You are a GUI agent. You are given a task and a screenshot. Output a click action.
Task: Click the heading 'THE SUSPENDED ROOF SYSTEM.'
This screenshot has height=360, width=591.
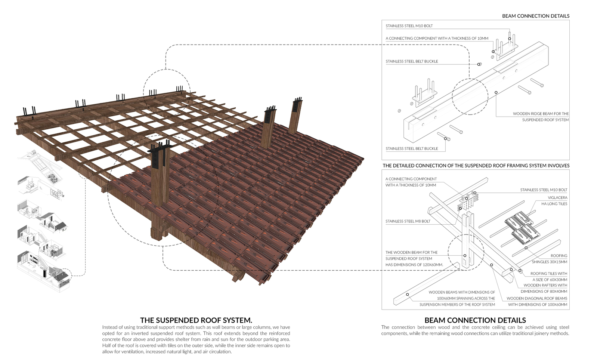point(196,320)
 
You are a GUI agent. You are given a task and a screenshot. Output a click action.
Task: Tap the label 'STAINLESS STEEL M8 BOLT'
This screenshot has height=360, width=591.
point(408,221)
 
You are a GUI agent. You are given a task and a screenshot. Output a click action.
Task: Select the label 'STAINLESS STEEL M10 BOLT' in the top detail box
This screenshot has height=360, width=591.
point(409,26)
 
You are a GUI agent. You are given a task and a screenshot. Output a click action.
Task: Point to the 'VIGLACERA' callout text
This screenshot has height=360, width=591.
point(557,197)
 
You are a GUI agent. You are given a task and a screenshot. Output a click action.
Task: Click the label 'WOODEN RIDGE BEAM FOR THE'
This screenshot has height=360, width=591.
point(541,114)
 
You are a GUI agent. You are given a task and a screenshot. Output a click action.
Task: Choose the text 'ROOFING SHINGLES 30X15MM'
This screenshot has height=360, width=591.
point(550,259)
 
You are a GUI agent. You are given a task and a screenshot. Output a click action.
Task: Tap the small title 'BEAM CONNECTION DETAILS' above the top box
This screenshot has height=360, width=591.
point(536,16)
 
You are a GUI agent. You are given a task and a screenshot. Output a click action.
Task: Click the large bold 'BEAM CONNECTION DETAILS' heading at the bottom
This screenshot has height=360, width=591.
point(475,320)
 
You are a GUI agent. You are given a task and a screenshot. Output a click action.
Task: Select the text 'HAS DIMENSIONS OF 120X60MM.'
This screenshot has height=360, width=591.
point(414,265)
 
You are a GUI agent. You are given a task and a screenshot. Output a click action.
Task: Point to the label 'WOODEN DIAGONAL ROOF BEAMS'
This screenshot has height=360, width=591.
point(537,298)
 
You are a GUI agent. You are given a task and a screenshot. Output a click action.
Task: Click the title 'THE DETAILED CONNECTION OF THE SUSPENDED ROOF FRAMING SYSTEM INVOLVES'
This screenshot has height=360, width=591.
point(476,166)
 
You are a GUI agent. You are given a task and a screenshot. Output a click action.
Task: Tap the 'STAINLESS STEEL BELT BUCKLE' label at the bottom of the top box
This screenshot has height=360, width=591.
point(412,148)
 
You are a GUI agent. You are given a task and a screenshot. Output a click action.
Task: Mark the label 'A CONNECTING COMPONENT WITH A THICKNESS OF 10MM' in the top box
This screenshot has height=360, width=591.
point(437,38)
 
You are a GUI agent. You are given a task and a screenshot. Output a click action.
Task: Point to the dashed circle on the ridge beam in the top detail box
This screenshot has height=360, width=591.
point(470,96)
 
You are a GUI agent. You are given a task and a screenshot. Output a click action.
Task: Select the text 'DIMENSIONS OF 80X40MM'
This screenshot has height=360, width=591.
point(544,291)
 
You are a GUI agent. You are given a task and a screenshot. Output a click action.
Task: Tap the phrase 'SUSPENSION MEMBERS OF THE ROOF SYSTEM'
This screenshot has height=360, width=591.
point(457,305)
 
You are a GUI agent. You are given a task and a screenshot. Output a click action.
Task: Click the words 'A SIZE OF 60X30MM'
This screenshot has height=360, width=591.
point(550,280)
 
